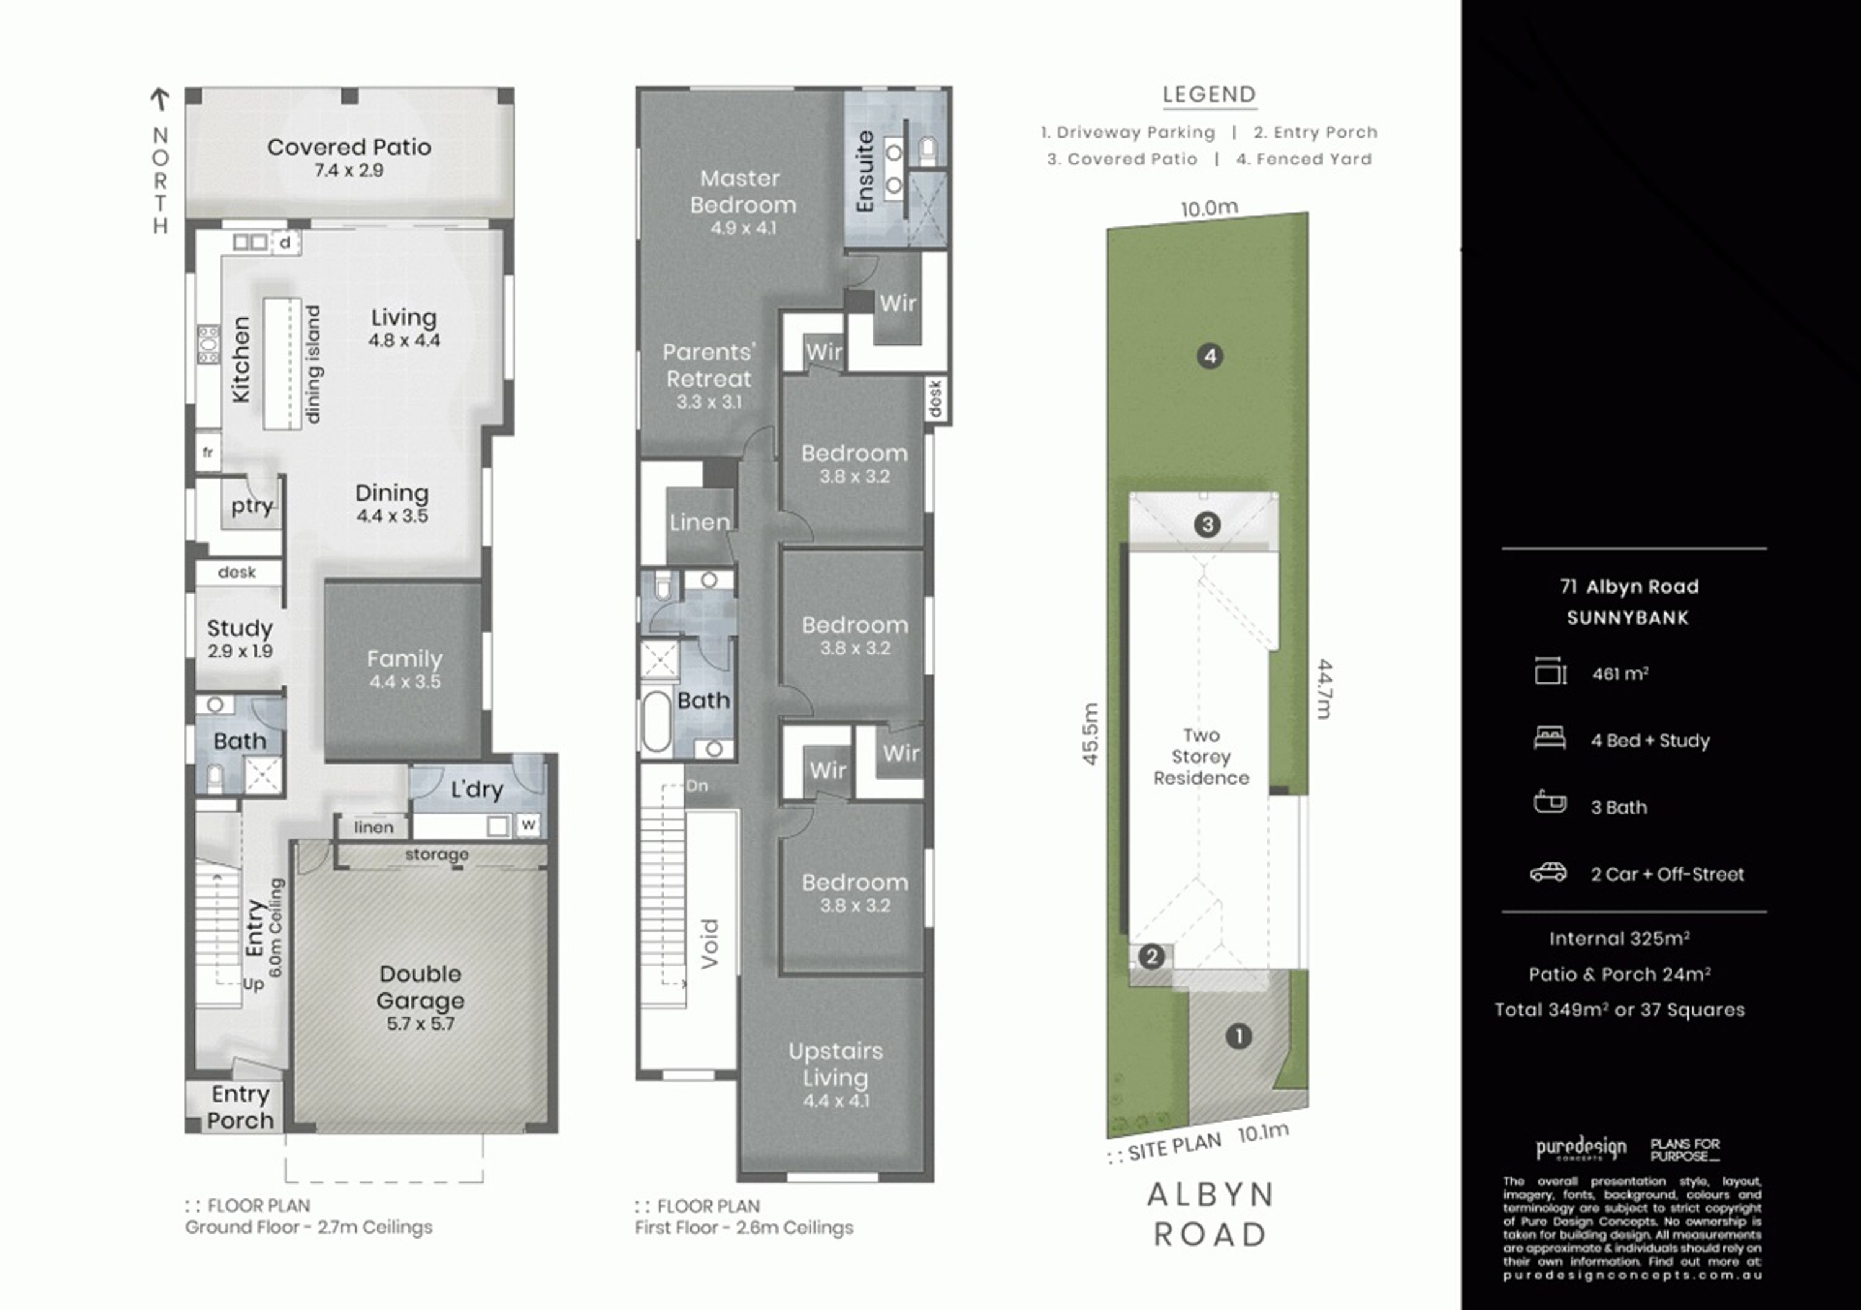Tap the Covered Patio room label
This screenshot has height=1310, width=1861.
pos(349,147)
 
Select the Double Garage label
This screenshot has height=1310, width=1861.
pos(420,987)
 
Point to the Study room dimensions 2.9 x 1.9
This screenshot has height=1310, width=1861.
pos(240,651)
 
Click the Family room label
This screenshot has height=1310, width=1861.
pos(404,659)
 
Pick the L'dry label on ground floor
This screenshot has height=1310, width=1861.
pos(478,789)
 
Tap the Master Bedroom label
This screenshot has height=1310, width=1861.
pos(743,191)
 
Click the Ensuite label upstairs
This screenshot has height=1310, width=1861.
pos(865,172)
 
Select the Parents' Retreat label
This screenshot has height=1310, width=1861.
pos(709,365)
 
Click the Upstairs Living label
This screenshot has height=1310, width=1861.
pos(836,1064)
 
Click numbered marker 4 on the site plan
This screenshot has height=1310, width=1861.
pos(1210,356)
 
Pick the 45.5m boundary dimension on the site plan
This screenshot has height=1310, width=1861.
pos(1090,734)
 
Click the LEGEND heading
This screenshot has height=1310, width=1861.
pos(1209,95)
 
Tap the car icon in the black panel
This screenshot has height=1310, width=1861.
pos(1548,873)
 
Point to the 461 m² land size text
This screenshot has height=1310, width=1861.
pos(1620,674)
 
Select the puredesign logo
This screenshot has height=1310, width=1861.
pos(1581,1149)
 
